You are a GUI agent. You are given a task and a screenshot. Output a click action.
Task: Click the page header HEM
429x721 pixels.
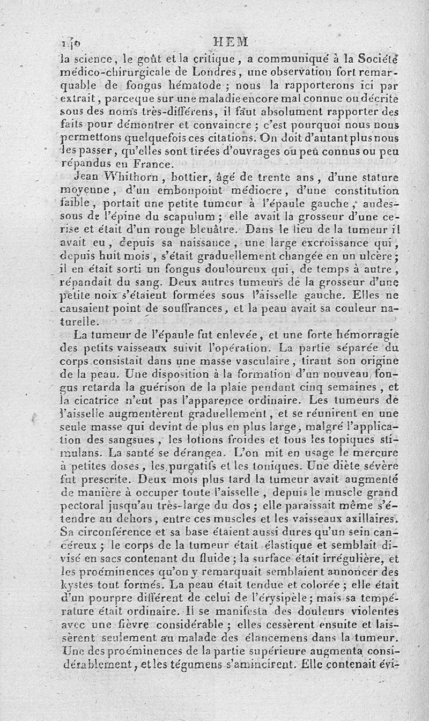tap(231, 41)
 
